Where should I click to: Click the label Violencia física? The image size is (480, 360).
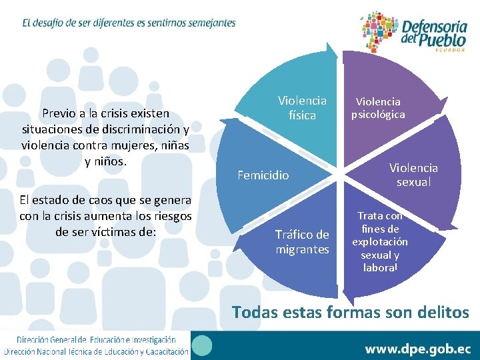pyautogui.click(x=302, y=108)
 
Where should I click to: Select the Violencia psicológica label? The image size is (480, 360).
pyautogui.click(x=378, y=108)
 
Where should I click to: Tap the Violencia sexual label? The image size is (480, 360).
pyautogui.click(x=413, y=175)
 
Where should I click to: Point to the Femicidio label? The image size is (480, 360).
pyautogui.click(x=263, y=175)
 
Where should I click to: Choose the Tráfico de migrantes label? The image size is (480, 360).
pyautogui.click(x=302, y=242)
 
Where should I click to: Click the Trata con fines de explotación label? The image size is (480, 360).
pyautogui.click(x=379, y=241)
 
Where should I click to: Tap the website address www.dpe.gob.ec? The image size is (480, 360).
pyautogui.click(x=417, y=348)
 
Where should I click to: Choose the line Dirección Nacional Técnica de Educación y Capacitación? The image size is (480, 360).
pyautogui.click(x=96, y=351)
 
